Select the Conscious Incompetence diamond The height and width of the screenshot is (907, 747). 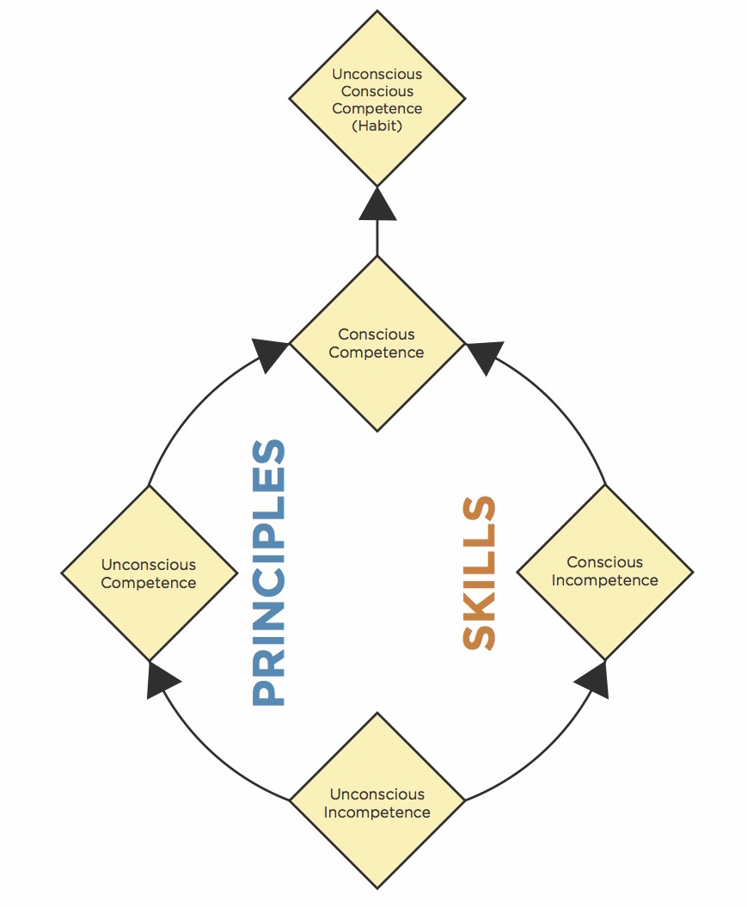pyautogui.click(x=604, y=572)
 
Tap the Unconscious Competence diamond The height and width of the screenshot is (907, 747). pyautogui.click(x=149, y=573)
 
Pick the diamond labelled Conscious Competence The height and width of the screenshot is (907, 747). pyautogui.click(x=377, y=343)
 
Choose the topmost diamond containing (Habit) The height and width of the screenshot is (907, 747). pyautogui.click(x=377, y=99)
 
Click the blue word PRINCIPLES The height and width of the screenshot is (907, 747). pyautogui.click(x=268, y=573)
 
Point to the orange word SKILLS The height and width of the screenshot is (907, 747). pyautogui.click(x=480, y=573)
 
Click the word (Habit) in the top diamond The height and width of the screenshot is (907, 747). pyautogui.click(x=377, y=126)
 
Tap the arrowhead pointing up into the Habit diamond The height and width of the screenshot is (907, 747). pyautogui.click(x=377, y=204)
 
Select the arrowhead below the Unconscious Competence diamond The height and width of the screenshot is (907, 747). pyautogui.click(x=161, y=680)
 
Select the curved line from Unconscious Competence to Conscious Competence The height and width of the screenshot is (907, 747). pyautogui.click(x=185, y=413)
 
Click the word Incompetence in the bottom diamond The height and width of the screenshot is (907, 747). pyautogui.click(x=377, y=812)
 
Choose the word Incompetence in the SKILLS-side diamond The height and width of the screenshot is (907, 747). pyautogui.click(x=604, y=580)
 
